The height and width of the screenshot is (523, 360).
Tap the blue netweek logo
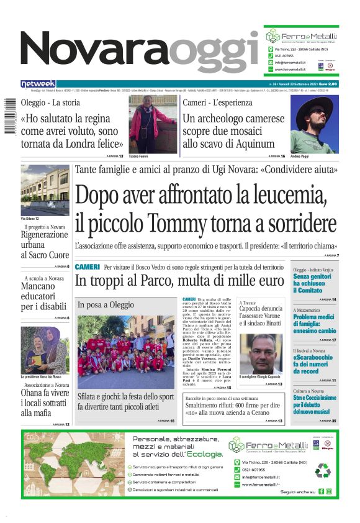pos(38,84)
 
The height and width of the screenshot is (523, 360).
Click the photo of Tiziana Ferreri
pos(144,124)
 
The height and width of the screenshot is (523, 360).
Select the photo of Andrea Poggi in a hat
pos(313,124)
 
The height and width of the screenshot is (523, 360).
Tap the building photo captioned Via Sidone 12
pos(45,189)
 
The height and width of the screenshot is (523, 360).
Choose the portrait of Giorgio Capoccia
pos(261,354)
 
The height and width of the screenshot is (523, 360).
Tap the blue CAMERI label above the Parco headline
pos(87,267)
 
